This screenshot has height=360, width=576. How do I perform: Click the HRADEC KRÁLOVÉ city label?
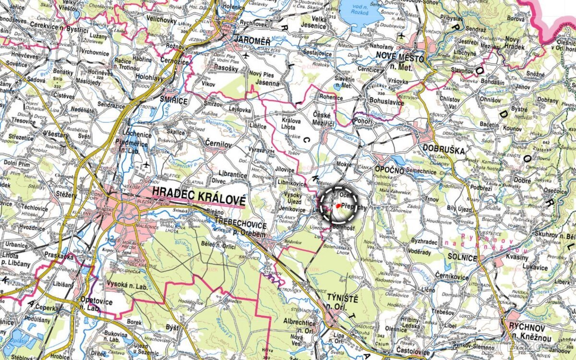click(x=198, y=191)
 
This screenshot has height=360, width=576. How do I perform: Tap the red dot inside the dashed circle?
click(x=338, y=205)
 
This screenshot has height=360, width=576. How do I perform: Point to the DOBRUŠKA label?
click(x=444, y=150)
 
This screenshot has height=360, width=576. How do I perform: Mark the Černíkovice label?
click(x=451, y=276)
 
